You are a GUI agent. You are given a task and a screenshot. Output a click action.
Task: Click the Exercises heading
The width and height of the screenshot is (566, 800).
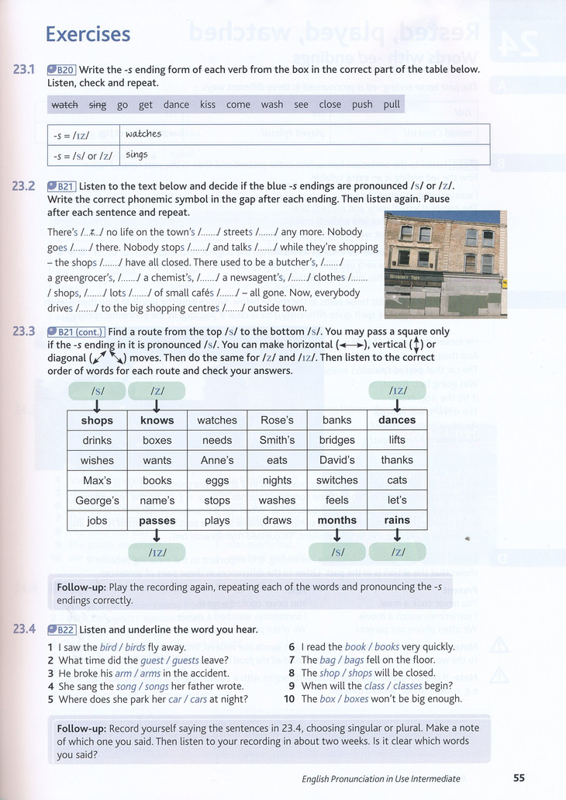[x=88, y=34]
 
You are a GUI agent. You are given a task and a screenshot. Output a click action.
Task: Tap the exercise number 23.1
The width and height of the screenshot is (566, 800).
[x=25, y=70]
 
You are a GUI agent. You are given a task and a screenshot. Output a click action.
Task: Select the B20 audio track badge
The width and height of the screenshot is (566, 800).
[x=61, y=70]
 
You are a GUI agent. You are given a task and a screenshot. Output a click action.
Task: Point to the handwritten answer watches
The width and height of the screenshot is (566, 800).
[x=143, y=134]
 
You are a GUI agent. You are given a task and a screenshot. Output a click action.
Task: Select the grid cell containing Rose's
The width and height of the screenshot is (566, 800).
[x=277, y=421]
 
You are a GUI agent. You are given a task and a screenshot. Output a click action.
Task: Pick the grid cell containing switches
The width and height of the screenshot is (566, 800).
[x=336, y=480]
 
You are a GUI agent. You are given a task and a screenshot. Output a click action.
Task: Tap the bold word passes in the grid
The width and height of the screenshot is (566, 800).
[x=157, y=521]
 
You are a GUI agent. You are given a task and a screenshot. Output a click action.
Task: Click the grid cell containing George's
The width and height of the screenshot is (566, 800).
[x=97, y=500]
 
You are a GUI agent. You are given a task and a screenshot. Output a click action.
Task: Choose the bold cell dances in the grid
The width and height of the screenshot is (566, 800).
[x=397, y=421]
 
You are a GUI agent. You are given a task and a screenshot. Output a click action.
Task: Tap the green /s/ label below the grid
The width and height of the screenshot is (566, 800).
[x=336, y=552]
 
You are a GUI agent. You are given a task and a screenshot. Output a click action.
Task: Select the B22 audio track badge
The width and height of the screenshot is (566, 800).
[x=61, y=630]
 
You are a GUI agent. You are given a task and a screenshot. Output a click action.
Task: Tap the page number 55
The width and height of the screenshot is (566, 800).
[x=519, y=778]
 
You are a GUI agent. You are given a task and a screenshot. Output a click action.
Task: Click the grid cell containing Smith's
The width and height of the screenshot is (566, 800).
[x=277, y=441]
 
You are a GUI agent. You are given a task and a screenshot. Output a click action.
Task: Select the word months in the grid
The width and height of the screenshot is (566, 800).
[x=336, y=521]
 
